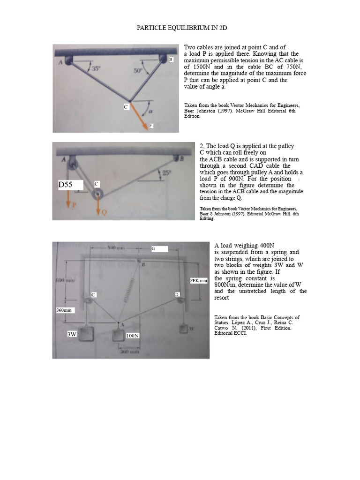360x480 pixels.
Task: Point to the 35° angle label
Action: pos(96,68)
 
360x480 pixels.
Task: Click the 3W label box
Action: pos(72,334)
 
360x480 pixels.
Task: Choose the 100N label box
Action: pos(133,336)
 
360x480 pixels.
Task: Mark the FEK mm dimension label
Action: pos(198,280)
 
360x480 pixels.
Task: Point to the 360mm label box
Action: pos(65,310)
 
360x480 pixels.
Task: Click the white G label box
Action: pos(159,248)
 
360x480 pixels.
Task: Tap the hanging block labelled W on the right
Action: pos(184,329)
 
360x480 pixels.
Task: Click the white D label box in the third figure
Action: pos(177,294)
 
